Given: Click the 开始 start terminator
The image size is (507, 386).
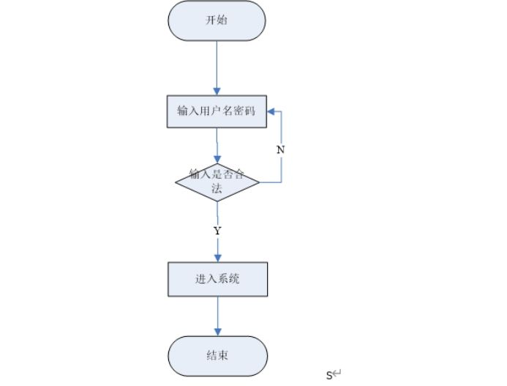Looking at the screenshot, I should point(217,21).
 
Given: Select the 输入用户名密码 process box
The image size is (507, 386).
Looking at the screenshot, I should point(217,111).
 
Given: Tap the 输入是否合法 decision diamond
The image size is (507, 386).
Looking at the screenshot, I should point(217,182).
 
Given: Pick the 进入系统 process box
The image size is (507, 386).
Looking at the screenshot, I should point(217,278).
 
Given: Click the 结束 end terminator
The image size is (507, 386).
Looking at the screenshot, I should point(217,355).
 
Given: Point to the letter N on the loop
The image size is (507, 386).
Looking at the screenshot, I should point(280,149).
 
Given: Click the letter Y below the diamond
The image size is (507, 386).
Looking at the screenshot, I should point(217,231).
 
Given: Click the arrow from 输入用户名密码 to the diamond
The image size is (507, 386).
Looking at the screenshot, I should point(217,144).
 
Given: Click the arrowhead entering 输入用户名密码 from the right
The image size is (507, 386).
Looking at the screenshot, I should point(271,112).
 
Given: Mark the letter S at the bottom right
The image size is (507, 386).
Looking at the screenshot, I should point(329,376).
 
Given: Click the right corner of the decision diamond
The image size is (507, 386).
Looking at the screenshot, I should point(260,182).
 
